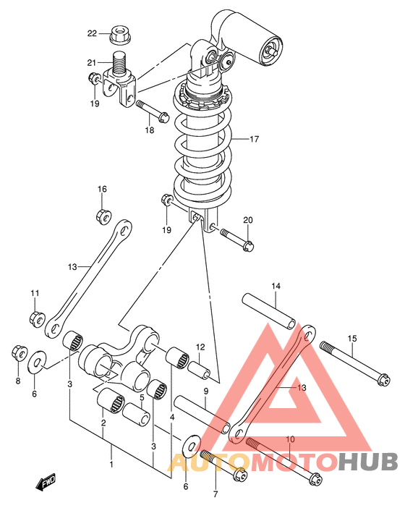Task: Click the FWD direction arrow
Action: pos(46,482)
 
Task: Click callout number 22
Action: pos(92,33)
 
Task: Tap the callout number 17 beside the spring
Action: pos(255,139)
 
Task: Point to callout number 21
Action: pos(92,62)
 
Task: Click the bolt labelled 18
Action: pos(153,111)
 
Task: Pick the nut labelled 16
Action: pos(104,216)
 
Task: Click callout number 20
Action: pos(248,220)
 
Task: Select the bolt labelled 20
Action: pos(237,240)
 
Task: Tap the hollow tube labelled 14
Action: pos(269,311)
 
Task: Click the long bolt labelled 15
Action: pos(355,364)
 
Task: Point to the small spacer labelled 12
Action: pos(200,370)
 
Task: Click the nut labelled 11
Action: pos(37,319)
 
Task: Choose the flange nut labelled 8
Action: pos(19,353)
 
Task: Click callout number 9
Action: pos(206,391)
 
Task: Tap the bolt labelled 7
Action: pos(224,466)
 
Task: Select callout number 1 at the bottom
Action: pos(111,465)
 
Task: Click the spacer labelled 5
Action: pos(137,414)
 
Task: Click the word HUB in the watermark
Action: pos(368,462)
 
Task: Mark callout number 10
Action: pos(291,439)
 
